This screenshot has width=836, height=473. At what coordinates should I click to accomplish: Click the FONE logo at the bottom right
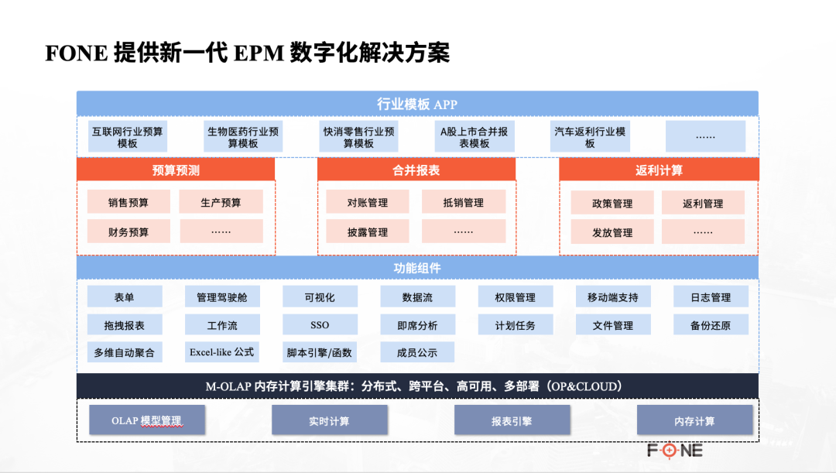point(675,450)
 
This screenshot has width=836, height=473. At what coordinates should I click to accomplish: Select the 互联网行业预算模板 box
point(128,137)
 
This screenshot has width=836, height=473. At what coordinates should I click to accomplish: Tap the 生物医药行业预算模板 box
point(243,137)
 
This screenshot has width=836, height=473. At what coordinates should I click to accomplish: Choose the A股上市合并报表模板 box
point(474,137)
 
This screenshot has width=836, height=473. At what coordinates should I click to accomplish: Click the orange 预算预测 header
point(176,170)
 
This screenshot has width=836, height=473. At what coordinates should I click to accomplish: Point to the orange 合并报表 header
point(416,170)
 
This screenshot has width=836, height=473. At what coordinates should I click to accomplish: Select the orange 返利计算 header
point(659,170)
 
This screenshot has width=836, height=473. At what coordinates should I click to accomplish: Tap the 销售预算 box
point(128,203)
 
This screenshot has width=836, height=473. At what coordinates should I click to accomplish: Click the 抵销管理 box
point(463,203)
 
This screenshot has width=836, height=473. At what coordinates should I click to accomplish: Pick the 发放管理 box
point(612,232)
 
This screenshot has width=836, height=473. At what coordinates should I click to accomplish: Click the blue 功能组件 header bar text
point(417,268)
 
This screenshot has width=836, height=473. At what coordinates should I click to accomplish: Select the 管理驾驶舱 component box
point(222,297)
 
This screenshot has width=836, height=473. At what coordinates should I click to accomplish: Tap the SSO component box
point(320,325)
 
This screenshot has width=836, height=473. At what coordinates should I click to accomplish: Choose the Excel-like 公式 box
point(222,352)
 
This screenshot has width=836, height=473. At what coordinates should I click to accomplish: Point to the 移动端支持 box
point(613,297)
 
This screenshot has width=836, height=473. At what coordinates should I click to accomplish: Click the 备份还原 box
point(711,325)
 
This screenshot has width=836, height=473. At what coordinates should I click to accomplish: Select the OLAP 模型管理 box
point(147,421)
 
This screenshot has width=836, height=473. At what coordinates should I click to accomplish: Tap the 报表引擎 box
point(512,421)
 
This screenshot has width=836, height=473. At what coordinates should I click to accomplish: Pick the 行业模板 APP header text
point(417,105)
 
